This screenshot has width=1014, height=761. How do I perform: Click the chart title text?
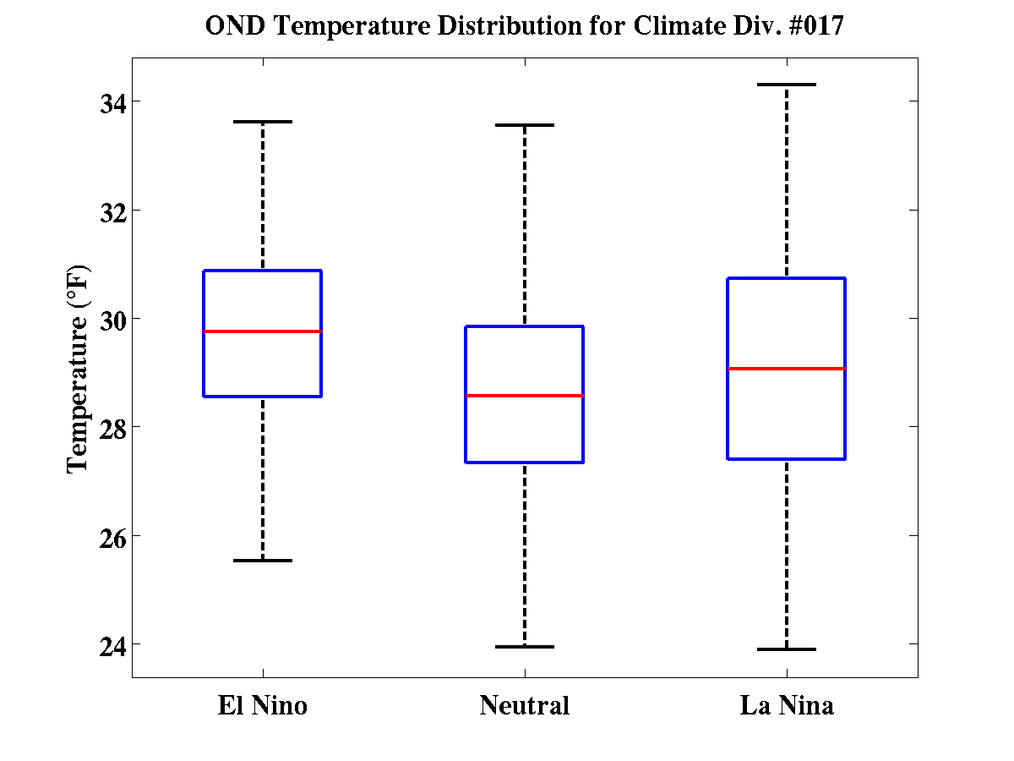coord(525,26)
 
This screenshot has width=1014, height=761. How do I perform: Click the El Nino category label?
coord(262,705)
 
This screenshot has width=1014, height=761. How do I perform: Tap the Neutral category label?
coord(525,705)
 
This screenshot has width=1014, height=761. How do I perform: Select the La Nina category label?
coord(787,705)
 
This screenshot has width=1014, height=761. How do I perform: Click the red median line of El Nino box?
coord(262,331)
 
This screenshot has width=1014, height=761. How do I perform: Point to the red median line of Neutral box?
coord(525,396)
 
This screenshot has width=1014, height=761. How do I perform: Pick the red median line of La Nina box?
coord(787,369)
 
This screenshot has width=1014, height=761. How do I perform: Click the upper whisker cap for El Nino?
coord(262,122)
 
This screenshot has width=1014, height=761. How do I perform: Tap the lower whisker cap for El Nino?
coord(262,561)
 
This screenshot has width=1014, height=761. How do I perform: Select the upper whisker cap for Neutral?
coord(525,125)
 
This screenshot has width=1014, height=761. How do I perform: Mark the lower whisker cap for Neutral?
coord(525,647)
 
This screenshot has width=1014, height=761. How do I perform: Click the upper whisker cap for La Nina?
coord(787,85)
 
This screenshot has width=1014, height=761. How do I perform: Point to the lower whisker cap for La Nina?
coord(787,649)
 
